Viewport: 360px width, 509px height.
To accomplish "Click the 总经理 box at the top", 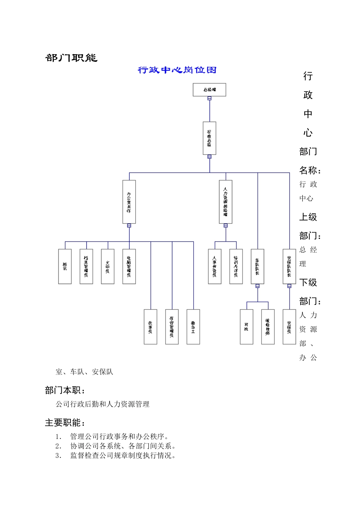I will [x=209, y=90].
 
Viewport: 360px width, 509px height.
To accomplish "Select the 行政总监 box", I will [x=210, y=138].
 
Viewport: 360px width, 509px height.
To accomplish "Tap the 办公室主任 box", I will [x=129, y=202].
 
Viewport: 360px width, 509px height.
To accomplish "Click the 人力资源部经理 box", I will [x=225, y=202].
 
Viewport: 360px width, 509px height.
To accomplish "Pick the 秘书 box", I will [x=65, y=266].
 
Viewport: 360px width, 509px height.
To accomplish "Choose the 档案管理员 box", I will [x=86, y=266].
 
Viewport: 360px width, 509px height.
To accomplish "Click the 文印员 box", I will [x=108, y=266].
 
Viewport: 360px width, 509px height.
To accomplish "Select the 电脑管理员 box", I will [x=129, y=266].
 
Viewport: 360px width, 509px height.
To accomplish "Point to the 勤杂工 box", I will [x=193, y=327].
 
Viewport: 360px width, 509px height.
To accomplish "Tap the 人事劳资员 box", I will [x=215, y=266].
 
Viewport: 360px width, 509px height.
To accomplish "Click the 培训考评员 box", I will [x=236, y=266].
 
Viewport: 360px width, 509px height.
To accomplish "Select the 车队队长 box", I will [x=258, y=266].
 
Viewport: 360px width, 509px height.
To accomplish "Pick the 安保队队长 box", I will [x=290, y=266].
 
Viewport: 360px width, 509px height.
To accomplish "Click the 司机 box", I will [x=247, y=327].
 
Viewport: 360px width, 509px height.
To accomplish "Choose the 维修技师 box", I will [x=268, y=327].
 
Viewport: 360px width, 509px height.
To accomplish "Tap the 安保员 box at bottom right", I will [x=290, y=327].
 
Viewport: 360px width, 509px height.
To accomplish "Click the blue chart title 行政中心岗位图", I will [x=177, y=70].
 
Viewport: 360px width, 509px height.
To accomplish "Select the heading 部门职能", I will [x=71, y=58].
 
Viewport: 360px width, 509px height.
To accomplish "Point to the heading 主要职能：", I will [x=65, y=423].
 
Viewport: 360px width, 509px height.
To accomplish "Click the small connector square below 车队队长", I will [x=258, y=286].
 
